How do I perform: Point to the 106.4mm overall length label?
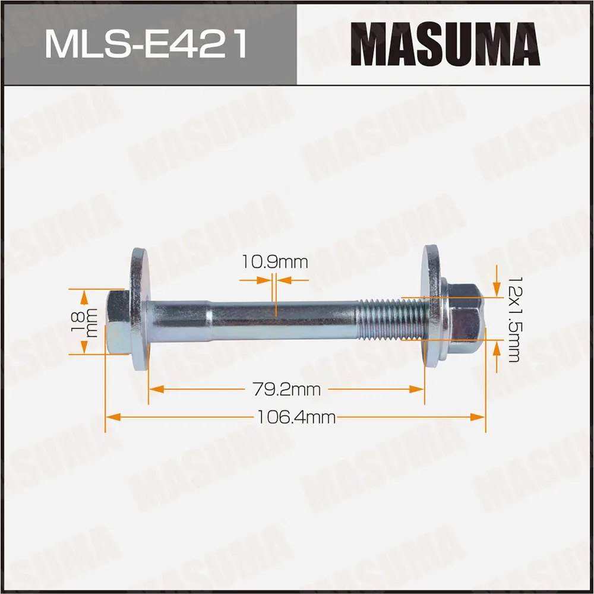pyautogui.click(x=296, y=418)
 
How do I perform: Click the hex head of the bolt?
pyautogui.click(x=118, y=322)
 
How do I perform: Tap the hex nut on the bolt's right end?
pyautogui.click(x=463, y=318)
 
